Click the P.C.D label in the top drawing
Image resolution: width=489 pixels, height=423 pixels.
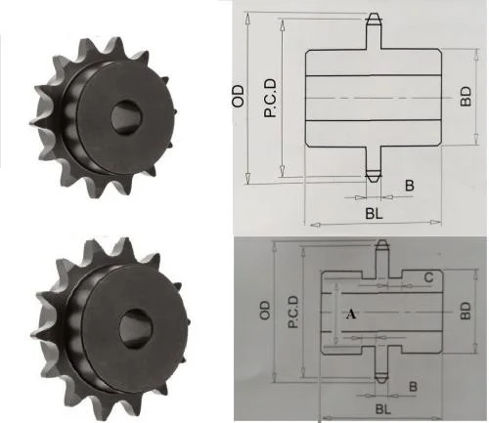coord(268,99)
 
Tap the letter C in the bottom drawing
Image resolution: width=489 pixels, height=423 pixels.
coord(429,276)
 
